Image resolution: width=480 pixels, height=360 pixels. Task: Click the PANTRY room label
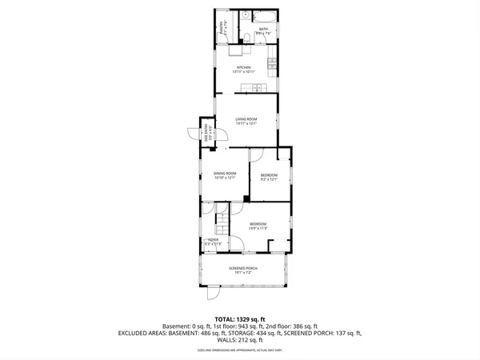pyautogui.click(x=221, y=30)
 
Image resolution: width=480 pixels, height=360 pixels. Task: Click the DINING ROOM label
pyautogui.click(x=224, y=175)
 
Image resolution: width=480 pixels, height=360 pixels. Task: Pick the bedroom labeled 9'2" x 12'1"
pyautogui.click(x=269, y=177)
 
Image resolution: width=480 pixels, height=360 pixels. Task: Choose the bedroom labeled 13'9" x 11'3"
pyautogui.click(x=258, y=226)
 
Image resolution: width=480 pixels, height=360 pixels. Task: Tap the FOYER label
pyautogui.click(x=213, y=242)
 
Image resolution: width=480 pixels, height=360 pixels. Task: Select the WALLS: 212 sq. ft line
pyautogui.click(x=240, y=339)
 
